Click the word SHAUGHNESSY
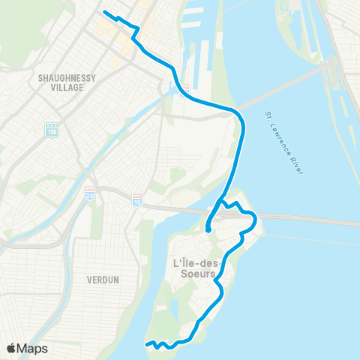point(61,77)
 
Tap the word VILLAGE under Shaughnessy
point(61,87)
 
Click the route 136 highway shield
point(51,130)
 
